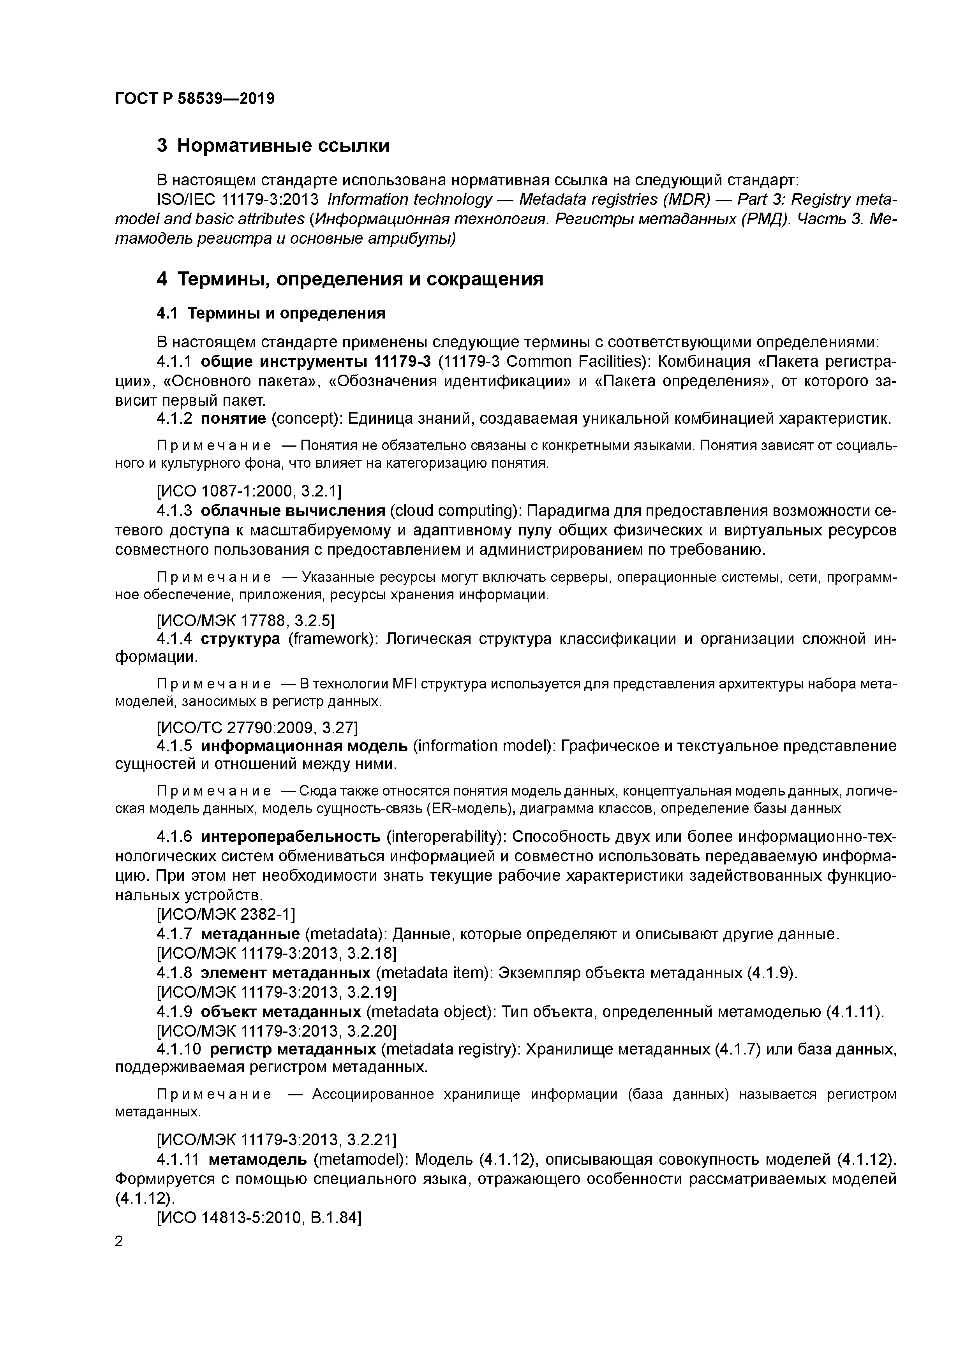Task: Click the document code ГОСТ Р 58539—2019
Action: tap(195, 98)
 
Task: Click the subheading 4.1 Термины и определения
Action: tap(271, 313)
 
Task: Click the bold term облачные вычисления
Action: tap(293, 510)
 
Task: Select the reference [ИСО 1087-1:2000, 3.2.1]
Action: tap(249, 491)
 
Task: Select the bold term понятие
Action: tap(233, 418)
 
